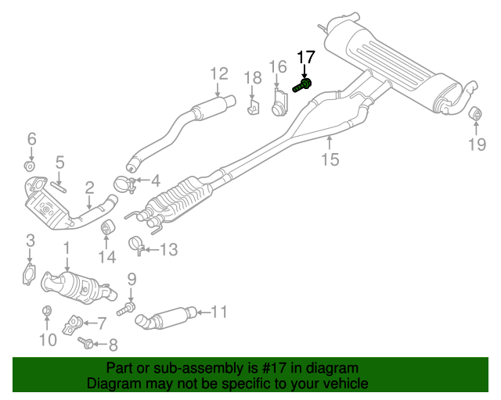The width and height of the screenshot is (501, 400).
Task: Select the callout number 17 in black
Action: pyautogui.click(x=305, y=57)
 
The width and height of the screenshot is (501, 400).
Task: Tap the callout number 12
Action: pyautogui.click(x=218, y=74)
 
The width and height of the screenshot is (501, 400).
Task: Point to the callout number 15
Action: pyautogui.click(x=330, y=160)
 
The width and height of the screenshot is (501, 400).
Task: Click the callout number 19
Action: pyautogui.click(x=477, y=144)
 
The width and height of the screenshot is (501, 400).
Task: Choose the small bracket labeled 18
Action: pyautogui.click(x=253, y=106)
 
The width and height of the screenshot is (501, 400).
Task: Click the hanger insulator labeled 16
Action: pyautogui.click(x=278, y=102)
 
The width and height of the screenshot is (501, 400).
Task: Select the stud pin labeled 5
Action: pyautogui.click(x=61, y=186)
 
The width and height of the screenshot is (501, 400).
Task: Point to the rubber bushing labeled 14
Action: pyautogui.click(x=109, y=228)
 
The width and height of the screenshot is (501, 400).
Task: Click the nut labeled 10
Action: pyautogui.click(x=46, y=313)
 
